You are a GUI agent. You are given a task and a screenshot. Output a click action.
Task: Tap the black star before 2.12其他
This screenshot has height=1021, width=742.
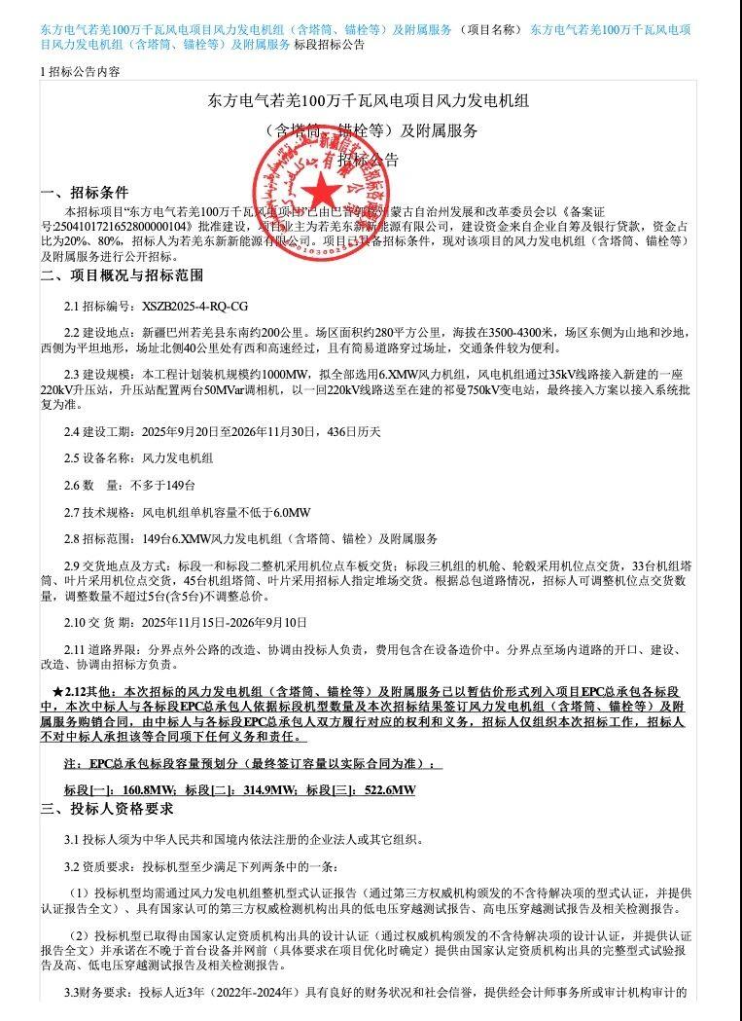tap(57, 691)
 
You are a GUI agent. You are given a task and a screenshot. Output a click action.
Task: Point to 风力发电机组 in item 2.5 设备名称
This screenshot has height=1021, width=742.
tap(178, 457)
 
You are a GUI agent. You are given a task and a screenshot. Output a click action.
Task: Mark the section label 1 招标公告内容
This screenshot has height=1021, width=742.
tap(82, 72)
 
